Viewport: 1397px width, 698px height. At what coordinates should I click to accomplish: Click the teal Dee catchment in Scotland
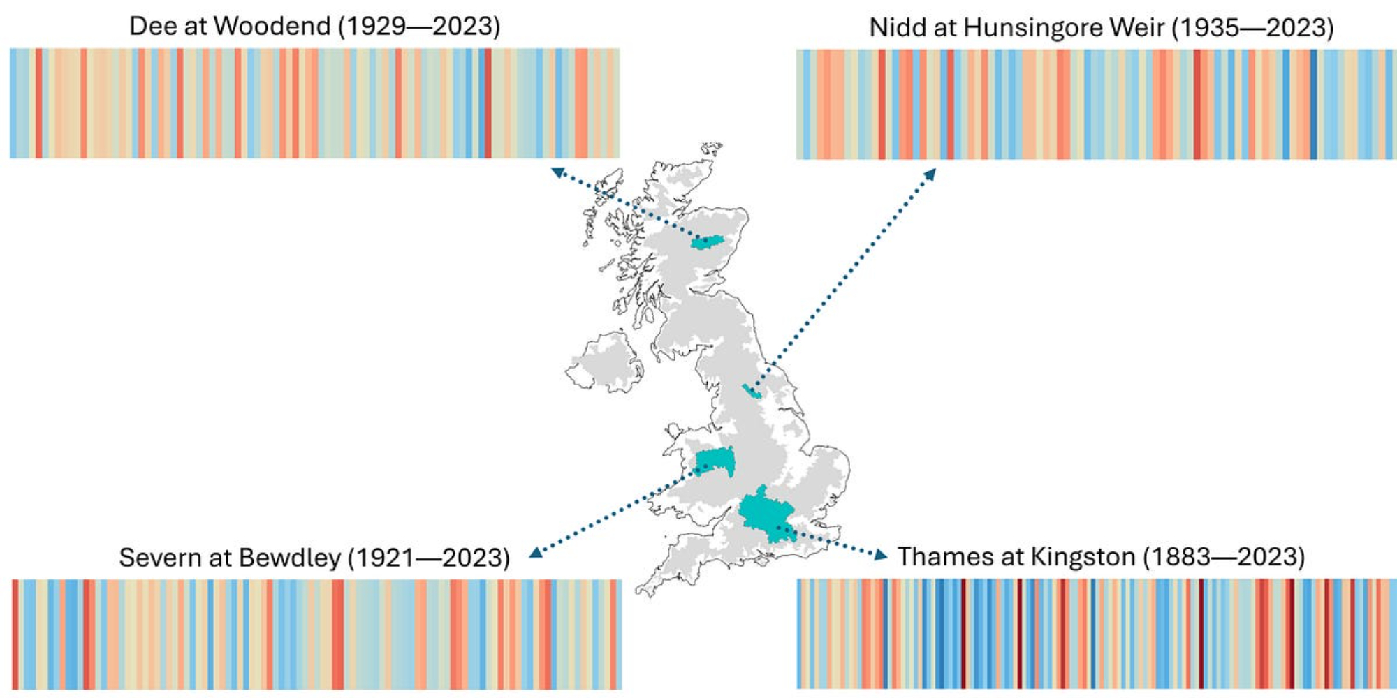pos(706,243)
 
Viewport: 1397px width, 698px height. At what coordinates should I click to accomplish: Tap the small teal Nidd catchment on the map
pos(752,391)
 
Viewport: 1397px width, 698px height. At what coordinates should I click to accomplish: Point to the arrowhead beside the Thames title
pos(881,556)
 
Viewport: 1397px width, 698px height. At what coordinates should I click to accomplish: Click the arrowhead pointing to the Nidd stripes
pos(930,174)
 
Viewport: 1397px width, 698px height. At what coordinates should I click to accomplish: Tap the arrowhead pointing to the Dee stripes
pos(557,172)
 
